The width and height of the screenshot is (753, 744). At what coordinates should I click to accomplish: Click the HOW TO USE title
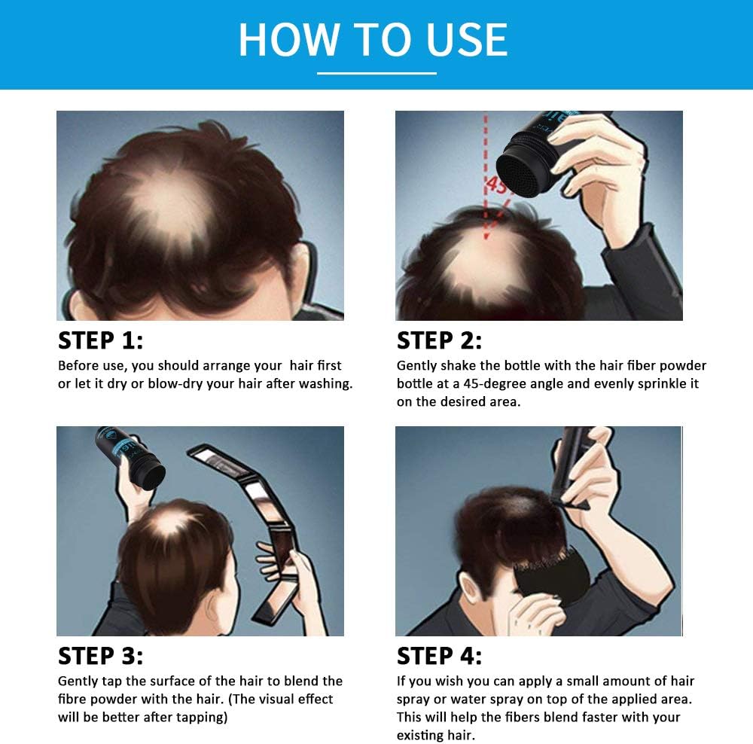click(373, 39)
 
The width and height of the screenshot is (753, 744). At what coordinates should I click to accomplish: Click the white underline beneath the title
click(376, 73)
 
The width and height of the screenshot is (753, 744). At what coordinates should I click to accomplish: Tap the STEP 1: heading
click(100, 340)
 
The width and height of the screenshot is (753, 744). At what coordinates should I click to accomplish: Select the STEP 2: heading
click(439, 340)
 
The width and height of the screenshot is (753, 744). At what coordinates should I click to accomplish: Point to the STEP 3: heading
click(100, 656)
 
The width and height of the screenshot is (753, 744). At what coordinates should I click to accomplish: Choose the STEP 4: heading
click(439, 656)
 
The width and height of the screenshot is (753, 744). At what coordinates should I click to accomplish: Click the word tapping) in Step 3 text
click(201, 718)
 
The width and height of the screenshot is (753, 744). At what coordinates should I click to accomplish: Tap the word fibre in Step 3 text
click(74, 700)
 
